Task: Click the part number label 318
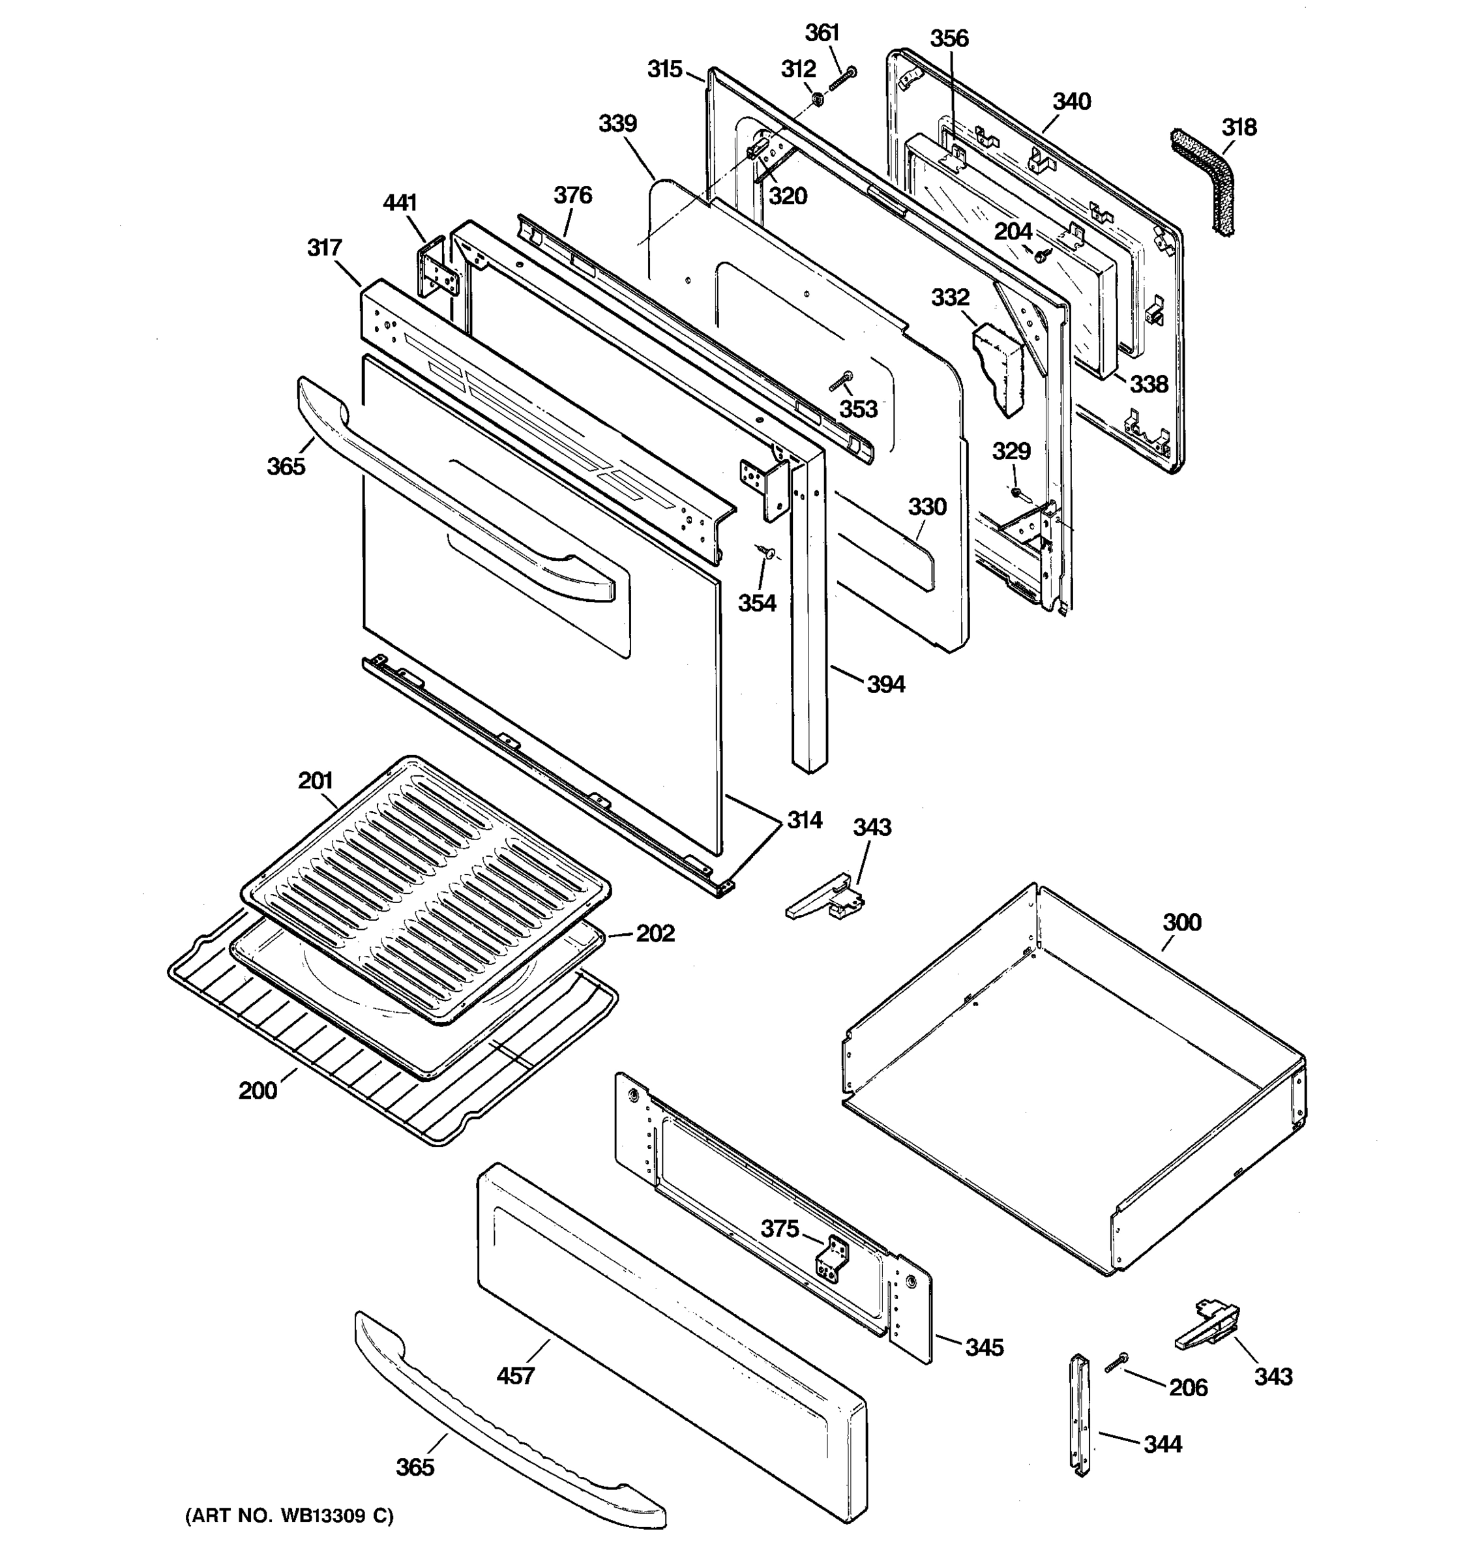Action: pos(1239,128)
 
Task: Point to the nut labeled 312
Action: pos(818,99)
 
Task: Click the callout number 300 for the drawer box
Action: pos(1181,922)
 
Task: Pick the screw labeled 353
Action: pos(840,382)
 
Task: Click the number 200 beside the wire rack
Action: pos(258,1090)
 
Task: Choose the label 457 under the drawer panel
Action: pos(516,1375)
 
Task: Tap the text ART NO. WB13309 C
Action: pos(289,1515)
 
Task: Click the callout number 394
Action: pos(885,684)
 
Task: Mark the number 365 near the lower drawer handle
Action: pos(415,1467)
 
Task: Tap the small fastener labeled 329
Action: pos(1016,493)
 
